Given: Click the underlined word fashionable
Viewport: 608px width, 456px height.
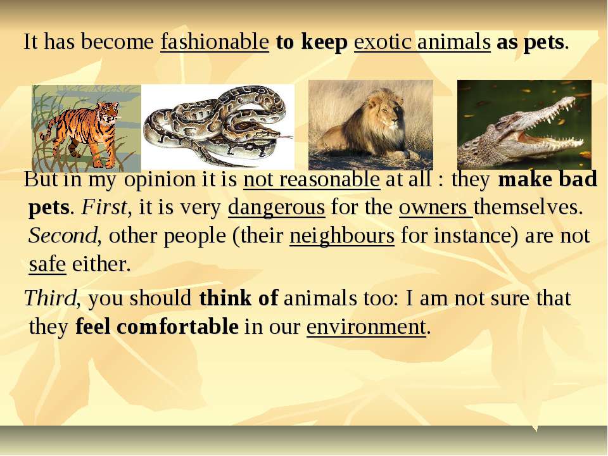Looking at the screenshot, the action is coord(215,42).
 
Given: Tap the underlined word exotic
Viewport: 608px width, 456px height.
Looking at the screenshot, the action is coord(383,42).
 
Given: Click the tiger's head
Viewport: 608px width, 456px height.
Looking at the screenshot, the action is coord(108,111).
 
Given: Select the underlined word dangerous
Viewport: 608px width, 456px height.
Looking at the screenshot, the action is coord(277,208).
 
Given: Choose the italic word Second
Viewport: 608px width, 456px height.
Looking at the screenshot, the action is coord(63,236).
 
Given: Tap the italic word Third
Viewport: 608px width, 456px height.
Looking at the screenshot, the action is coord(50,298).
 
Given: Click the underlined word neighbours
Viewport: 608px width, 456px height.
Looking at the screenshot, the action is coord(342,236).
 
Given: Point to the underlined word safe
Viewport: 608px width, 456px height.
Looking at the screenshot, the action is coord(47,265).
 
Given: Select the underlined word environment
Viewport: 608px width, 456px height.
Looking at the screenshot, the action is coord(367,327).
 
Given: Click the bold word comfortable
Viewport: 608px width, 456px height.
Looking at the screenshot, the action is coord(177,327).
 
